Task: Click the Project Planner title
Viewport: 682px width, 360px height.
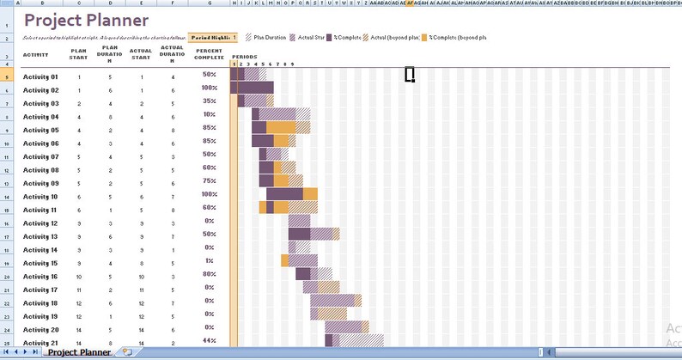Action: click(x=86, y=21)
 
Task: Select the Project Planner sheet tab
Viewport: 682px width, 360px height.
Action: click(x=79, y=352)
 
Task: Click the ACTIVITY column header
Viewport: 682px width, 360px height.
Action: click(x=35, y=54)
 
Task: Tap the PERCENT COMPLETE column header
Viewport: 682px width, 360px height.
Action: click(x=209, y=54)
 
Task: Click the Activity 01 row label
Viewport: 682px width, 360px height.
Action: click(x=40, y=76)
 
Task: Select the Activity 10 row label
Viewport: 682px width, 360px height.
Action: click(x=40, y=197)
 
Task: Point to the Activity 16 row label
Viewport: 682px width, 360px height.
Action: click(x=40, y=277)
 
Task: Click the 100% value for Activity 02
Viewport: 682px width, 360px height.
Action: click(x=209, y=88)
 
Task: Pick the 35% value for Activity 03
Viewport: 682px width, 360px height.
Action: click(x=209, y=101)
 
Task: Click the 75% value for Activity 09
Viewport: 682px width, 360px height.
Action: click(x=209, y=181)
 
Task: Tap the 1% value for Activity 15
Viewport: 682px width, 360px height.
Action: click(x=209, y=261)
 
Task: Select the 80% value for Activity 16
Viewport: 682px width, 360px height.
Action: click(x=209, y=274)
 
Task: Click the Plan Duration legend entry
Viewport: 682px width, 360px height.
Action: click(x=266, y=38)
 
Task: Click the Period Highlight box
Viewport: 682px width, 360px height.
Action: click(x=214, y=38)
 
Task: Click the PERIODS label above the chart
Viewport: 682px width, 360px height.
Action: click(x=244, y=57)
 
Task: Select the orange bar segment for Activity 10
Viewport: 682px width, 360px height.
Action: click(x=310, y=194)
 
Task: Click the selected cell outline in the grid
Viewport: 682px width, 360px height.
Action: click(x=410, y=75)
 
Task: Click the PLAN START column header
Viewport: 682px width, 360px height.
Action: click(x=79, y=54)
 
